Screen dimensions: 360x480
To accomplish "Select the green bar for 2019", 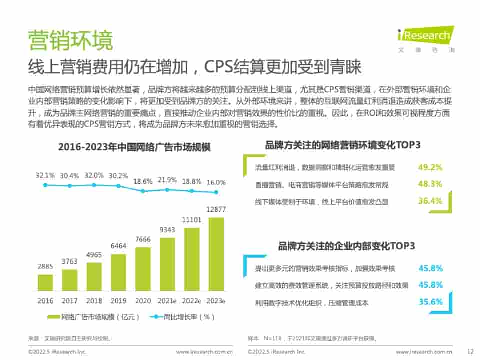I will click(x=118, y=272).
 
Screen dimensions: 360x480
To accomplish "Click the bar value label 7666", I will click(x=143, y=239).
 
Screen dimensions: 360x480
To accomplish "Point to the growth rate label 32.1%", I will click(x=45, y=175).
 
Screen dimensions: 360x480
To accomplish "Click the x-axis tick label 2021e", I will click(x=167, y=301).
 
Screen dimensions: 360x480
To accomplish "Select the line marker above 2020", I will click(x=143, y=191).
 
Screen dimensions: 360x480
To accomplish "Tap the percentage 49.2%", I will click(x=430, y=167).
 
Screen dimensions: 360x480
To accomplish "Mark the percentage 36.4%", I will click(x=430, y=201).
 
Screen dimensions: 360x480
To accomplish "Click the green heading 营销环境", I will click(x=70, y=40).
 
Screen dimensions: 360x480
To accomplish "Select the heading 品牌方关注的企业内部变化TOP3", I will click(x=346, y=246).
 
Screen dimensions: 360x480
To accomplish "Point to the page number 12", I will click(x=469, y=351).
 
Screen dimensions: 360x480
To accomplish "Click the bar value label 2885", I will click(x=45, y=267).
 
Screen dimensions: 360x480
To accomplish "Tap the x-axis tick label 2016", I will click(x=45, y=301).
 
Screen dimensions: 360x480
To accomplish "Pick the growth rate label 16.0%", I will click(x=216, y=182).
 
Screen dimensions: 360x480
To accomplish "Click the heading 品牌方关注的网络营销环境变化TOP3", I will click(x=343, y=145).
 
